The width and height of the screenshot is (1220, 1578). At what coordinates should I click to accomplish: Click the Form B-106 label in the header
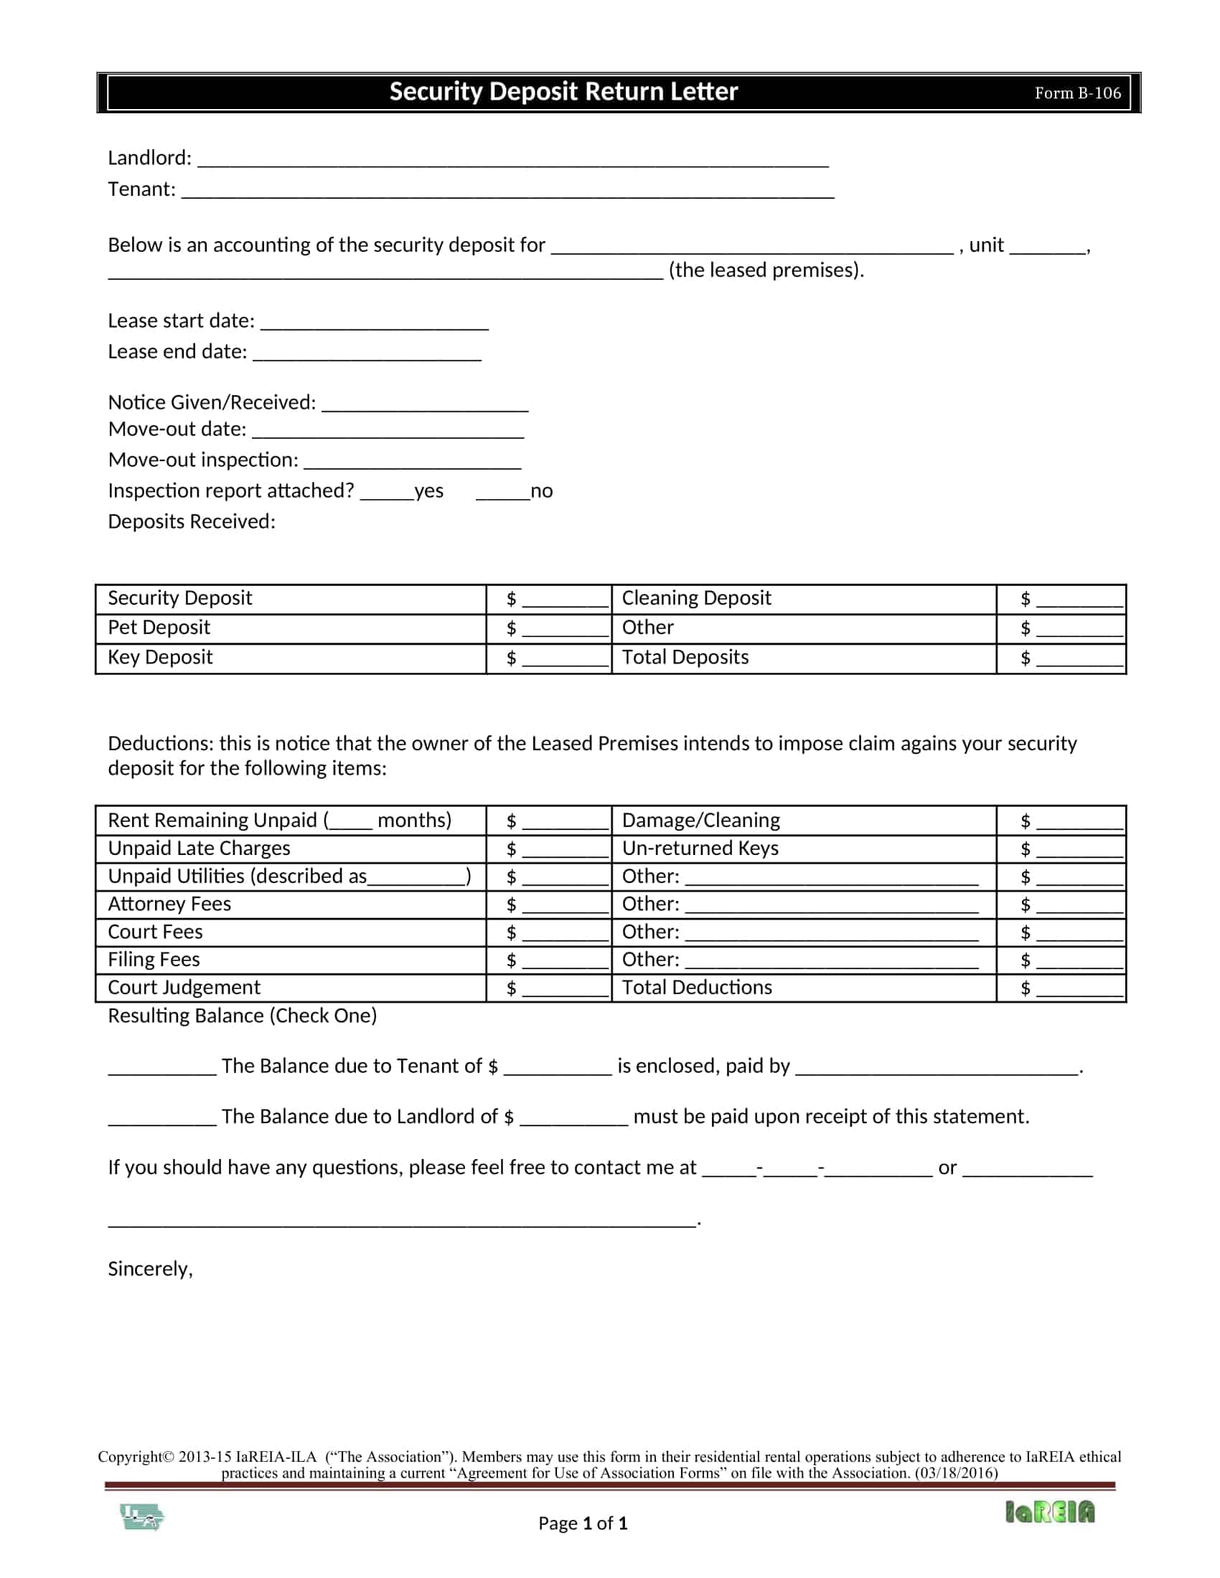click(x=1077, y=93)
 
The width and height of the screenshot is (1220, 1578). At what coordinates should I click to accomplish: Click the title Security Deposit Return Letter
click(x=563, y=92)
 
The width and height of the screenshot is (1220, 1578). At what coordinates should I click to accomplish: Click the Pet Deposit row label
click(x=159, y=627)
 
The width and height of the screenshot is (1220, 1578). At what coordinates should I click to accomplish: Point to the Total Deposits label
click(x=685, y=657)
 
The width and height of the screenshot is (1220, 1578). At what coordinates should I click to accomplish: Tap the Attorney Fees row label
click(x=169, y=904)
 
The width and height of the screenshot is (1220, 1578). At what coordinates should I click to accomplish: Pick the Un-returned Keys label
click(x=700, y=849)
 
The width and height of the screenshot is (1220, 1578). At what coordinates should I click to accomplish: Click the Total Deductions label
click(x=697, y=987)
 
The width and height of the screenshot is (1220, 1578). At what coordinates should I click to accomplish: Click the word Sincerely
click(x=149, y=1269)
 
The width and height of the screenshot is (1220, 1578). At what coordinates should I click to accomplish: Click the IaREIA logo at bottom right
click(x=1049, y=1511)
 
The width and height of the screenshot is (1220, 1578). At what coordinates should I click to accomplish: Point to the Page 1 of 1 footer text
click(x=583, y=1523)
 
